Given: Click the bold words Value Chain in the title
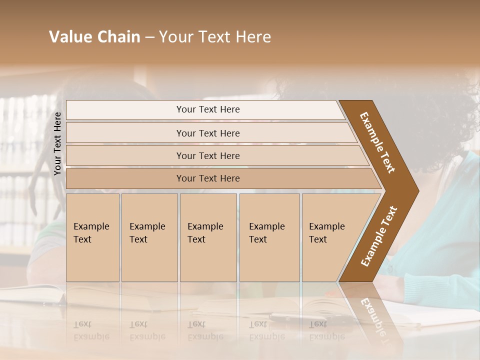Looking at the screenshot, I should tap(94, 37).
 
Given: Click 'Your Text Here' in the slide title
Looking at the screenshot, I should tap(215, 37).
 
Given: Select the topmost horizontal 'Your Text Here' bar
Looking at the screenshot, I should tap(208, 109).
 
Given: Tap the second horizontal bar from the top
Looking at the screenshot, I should tap(208, 133).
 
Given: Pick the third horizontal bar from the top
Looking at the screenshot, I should tap(208, 155).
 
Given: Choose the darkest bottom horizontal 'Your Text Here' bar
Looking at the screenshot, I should tap(208, 178).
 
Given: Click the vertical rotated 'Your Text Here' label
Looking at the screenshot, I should tap(58, 143).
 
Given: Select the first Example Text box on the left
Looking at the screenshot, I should tap(92, 237).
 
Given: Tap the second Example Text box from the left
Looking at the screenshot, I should tap(149, 237).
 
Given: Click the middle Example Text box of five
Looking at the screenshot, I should tap(208, 237).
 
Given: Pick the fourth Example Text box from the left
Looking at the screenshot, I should tap(269, 237).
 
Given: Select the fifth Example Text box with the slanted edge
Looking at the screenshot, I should tap(330, 237).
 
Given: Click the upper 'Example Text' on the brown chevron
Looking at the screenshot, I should tap(377, 142).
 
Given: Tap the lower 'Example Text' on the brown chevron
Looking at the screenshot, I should tap(378, 236).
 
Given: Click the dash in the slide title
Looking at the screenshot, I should tap(149, 37).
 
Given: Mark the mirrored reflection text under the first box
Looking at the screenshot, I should tap(91, 330).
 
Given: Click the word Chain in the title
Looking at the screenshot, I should tap(118, 37).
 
